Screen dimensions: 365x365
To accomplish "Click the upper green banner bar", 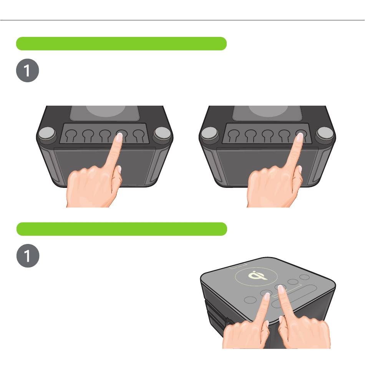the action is pos(121,43).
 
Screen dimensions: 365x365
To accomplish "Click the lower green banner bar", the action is pos(122,229).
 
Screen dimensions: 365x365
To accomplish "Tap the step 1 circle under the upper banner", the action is pos(27,70).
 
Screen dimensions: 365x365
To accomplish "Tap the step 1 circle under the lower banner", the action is pos(28,255).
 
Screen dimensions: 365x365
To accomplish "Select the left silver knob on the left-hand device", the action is pos(47,133).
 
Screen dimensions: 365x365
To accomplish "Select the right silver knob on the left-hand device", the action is pos(163,133).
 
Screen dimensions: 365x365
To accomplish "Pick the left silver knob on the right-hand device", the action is pos(209,133).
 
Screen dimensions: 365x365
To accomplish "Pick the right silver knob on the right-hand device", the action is pos(325,133).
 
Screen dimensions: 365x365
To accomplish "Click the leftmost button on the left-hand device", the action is pos(71,135).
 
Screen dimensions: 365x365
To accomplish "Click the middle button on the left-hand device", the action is pos(105,135).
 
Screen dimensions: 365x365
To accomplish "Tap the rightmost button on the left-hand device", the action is pos(139,135).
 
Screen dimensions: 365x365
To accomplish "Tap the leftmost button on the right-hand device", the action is pos(234,135).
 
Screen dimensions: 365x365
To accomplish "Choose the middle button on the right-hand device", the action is pos(268,135).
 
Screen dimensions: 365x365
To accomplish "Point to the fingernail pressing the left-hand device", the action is pos(119,137).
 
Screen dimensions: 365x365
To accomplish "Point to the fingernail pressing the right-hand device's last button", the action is pos(300,137).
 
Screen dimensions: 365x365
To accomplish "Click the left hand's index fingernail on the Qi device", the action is pos(267,296).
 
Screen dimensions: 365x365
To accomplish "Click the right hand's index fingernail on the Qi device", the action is pos(281,289).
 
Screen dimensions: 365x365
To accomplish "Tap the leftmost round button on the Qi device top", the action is pos(250,300).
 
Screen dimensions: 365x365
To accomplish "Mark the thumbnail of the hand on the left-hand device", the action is pos(119,169).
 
